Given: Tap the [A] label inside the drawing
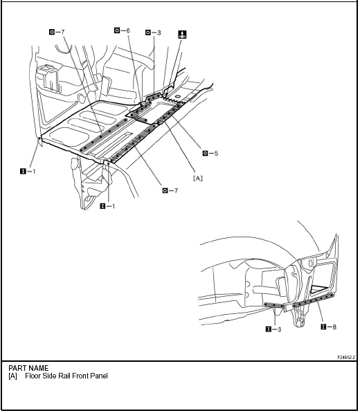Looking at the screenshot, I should click(198, 178).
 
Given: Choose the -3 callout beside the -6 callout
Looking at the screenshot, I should click(153, 33).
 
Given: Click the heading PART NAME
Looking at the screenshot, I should click(28, 369).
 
